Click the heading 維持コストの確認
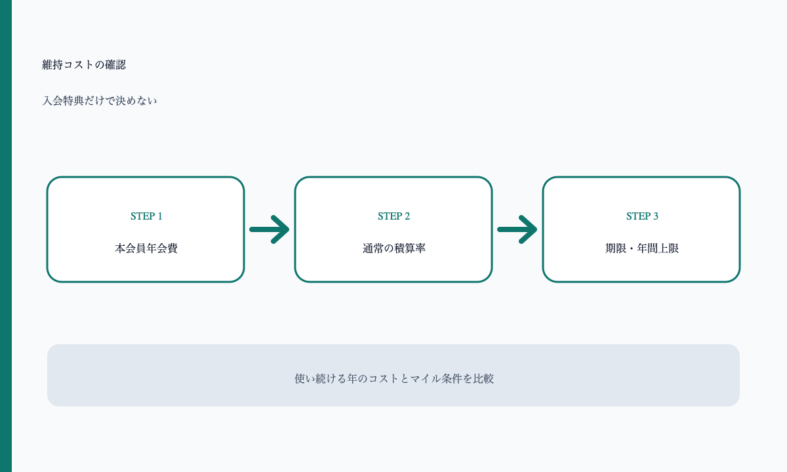[x=84, y=65]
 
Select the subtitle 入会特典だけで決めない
[x=100, y=101]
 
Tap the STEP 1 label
[x=146, y=216]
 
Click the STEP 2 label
[x=394, y=216]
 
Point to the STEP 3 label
[x=642, y=216]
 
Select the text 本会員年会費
[x=146, y=248]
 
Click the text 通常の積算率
[x=394, y=248]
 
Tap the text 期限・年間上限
[x=642, y=248]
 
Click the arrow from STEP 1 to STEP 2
[x=270, y=229]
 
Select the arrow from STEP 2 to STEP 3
[x=517, y=229]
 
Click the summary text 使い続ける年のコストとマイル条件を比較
[x=394, y=379]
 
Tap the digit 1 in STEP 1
[x=160, y=216]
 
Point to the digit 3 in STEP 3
[x=656, y=216]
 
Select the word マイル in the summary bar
[x=426, y=379]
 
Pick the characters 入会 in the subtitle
[x=52, y=101]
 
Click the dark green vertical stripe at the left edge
[x=6, y=236]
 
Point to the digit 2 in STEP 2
[x=407, y=216]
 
